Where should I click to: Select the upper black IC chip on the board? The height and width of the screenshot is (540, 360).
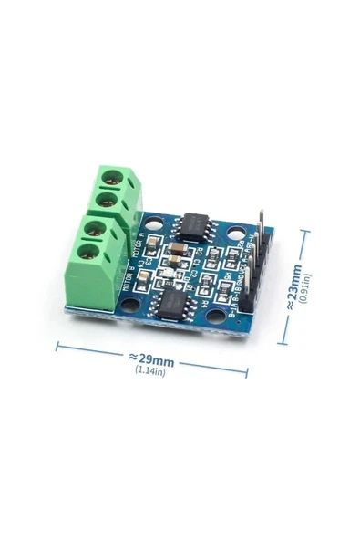[x=194, y=223]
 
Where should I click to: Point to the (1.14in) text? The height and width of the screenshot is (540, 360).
[x=149, y=370]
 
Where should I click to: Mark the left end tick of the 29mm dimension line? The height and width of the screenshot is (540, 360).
[x=57, y=346]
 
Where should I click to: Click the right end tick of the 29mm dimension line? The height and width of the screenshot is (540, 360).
[x=247, y=371]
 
